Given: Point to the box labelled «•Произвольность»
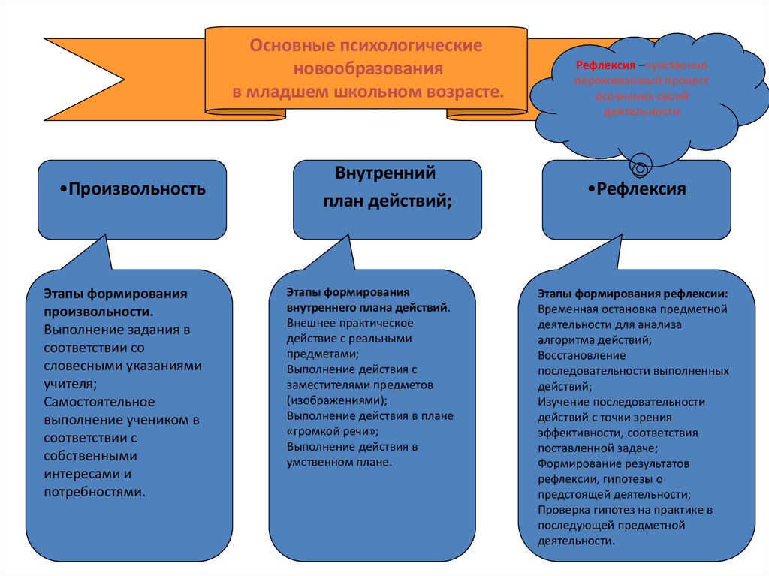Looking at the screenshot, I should click(132, 189).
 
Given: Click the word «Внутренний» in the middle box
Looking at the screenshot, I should click(386, 174).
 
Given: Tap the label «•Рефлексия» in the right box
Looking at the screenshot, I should click(637, 189).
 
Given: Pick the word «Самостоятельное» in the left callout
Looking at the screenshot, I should click(99, 402).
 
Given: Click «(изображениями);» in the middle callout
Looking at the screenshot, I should click(337, 401).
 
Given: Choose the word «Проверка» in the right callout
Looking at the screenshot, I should click(562, 511).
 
